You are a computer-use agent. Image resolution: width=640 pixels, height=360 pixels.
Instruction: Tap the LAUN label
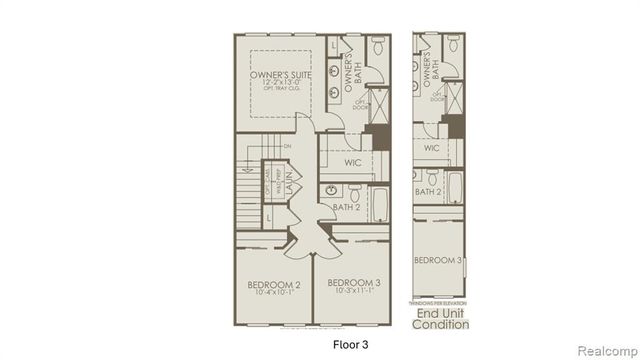286,187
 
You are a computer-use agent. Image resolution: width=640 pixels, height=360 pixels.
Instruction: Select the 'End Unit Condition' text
442,318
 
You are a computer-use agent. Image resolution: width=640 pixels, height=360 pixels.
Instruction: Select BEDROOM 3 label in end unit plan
438,261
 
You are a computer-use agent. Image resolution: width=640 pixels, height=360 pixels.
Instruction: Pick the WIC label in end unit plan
432,148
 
